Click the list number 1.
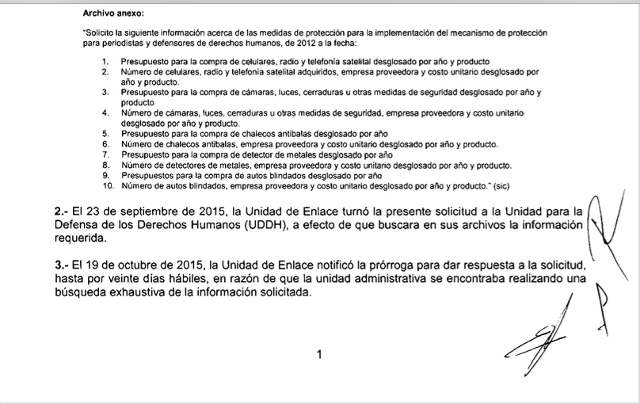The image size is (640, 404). [x=106, y=61]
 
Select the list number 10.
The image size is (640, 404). [x=109, y=185]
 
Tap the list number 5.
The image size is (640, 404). [x=106, y=134]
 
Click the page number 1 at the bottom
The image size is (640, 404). [x=319, y=355]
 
